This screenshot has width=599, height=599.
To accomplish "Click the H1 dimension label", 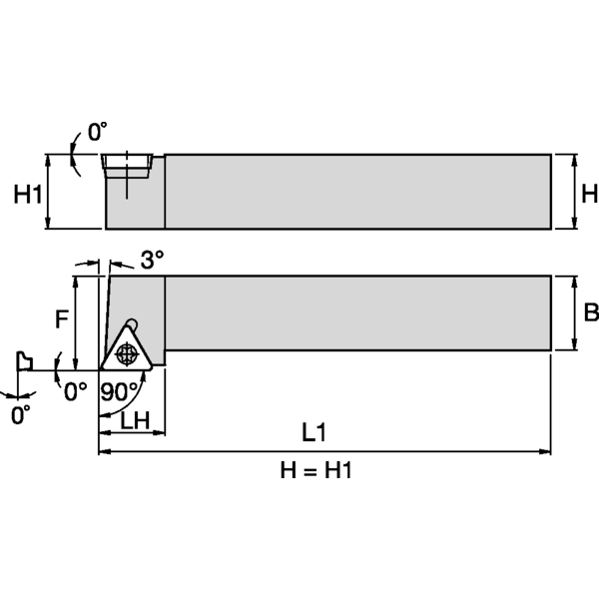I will [28, 195].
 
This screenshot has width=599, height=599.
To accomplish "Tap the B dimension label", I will [590, 313].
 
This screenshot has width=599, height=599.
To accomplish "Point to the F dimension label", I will [61, 320].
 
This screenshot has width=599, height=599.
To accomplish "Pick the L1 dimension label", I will [314, 432].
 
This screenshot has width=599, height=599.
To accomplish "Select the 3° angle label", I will [152, 261].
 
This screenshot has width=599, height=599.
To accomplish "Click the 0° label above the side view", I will [96, 131].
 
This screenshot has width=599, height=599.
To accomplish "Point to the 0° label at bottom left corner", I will [21, 414].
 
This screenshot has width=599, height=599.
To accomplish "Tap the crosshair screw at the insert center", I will [126, 353].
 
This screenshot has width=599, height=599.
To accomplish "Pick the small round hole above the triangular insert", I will [132, 321].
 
